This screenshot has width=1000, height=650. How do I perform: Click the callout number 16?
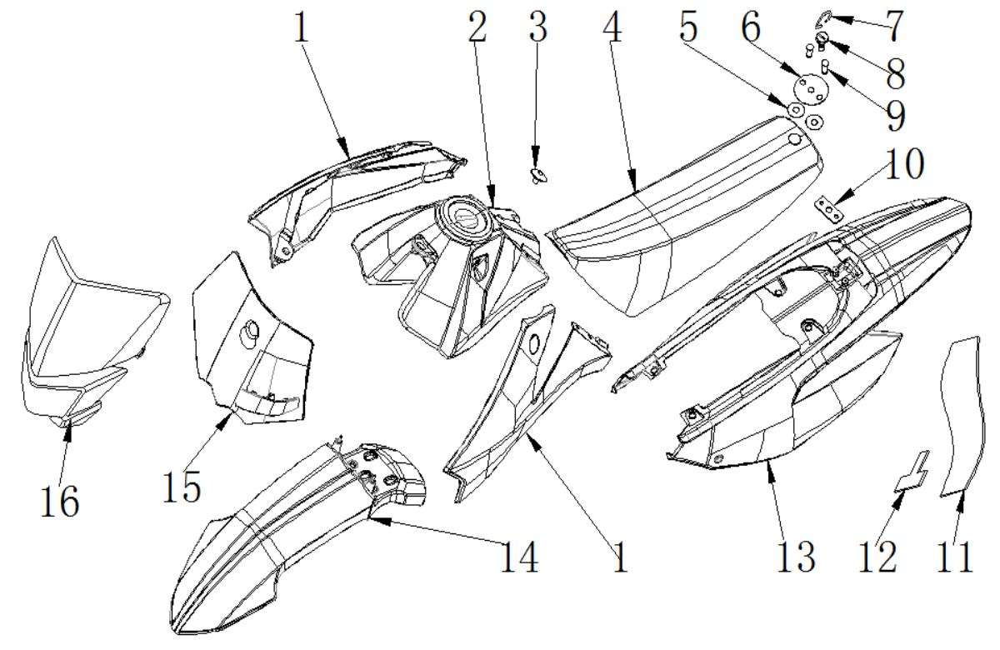(x=60, y=501)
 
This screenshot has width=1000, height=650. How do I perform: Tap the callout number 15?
(x=182, y=487)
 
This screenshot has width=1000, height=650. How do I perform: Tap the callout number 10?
(x=905, y=164)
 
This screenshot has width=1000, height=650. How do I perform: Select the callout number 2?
(x=477, y=26)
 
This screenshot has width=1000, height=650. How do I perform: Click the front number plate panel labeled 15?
(x=252, y=339)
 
